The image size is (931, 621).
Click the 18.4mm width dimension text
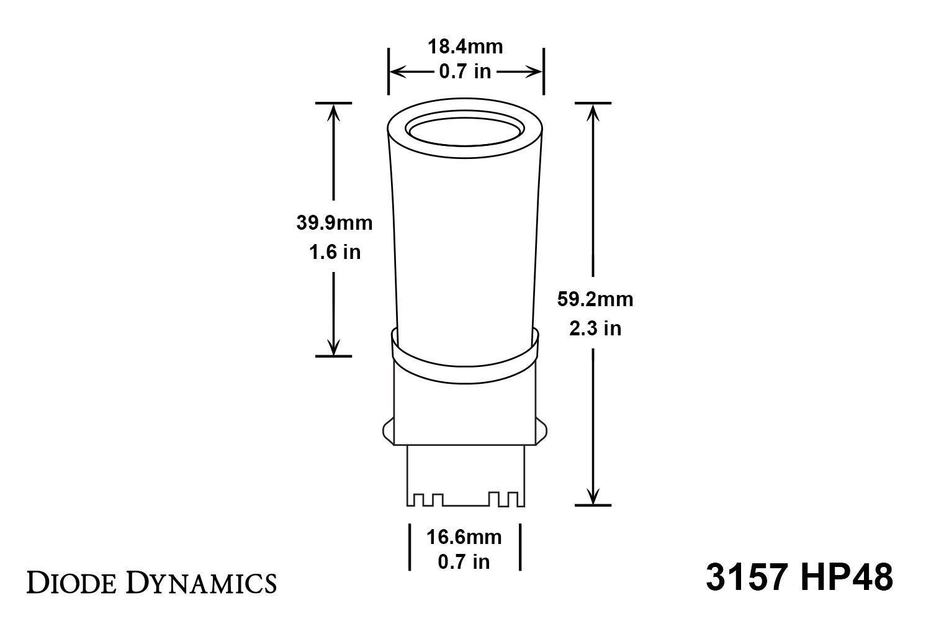(465, 47)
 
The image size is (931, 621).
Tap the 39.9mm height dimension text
(335, 223)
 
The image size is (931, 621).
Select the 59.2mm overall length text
(595, 299)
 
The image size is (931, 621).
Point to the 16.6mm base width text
(464, 536)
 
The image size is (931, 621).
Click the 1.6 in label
(335, 252)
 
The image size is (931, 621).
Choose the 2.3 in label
(595, 328)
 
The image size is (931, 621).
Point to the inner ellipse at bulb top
(464, 131)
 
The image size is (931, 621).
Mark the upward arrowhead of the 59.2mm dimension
(594, 112)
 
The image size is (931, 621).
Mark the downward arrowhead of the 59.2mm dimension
(594, 496)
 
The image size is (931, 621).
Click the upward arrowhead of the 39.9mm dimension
(335, 112)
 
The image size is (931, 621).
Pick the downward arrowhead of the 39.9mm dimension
(335, 347)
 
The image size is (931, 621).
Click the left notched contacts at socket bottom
(425, 499)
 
